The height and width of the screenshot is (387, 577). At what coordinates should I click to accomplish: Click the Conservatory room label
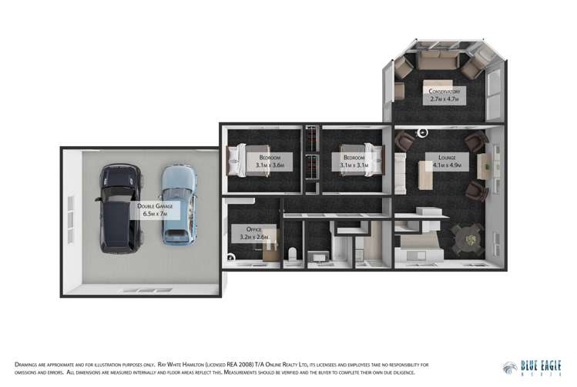444,95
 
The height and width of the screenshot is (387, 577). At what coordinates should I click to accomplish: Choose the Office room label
253,233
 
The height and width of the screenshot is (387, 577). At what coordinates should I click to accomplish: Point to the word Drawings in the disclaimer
28,364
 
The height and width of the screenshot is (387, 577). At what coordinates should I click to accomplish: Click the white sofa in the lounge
400,169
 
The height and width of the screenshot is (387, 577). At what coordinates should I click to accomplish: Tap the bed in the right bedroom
367,160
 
